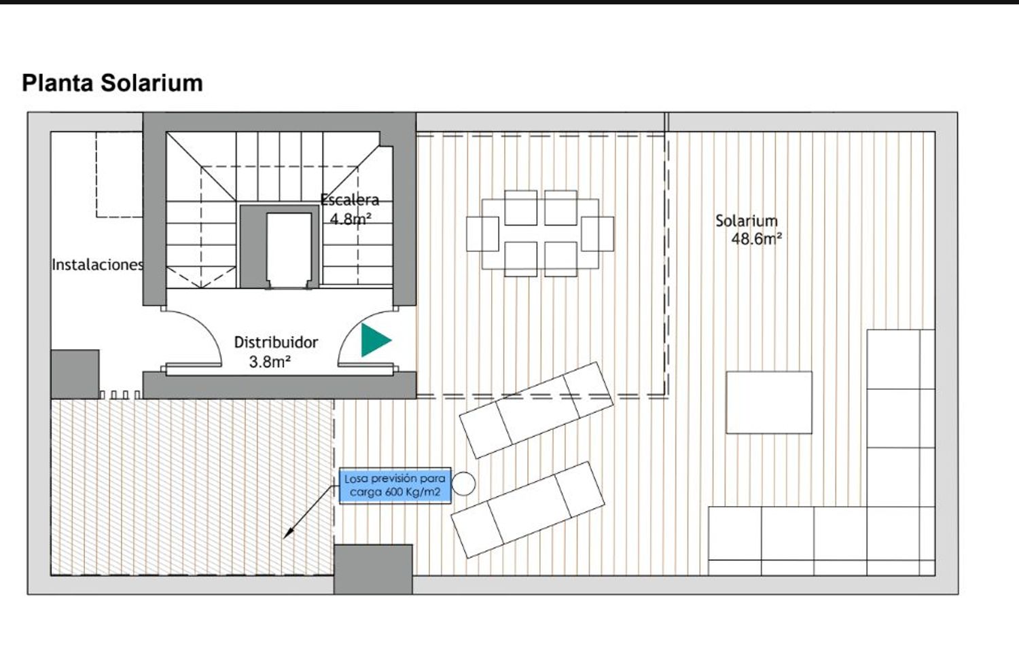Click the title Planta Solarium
112,84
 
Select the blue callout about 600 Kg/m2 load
395,485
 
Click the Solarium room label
747,221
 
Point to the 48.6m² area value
757,238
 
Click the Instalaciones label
98,265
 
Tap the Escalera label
350,200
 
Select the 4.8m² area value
351,219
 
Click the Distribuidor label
276,342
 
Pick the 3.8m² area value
270,362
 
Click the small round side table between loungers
463,484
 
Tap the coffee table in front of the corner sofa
769,402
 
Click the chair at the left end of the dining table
482,234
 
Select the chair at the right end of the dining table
597,234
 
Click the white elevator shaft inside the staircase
289,250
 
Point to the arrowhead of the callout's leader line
286,537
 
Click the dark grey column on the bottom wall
373,569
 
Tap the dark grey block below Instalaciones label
75,374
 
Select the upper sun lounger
537,410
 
